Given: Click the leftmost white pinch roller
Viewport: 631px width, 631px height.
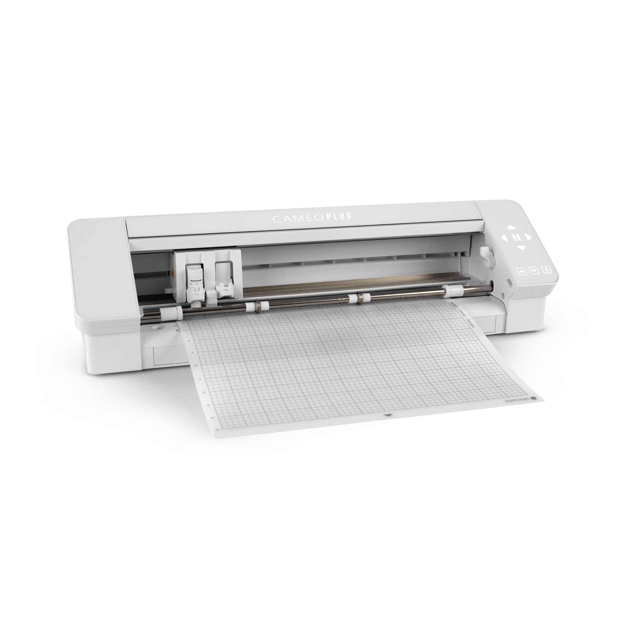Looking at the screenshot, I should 171,313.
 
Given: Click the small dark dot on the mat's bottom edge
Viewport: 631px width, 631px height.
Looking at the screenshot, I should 388,416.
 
